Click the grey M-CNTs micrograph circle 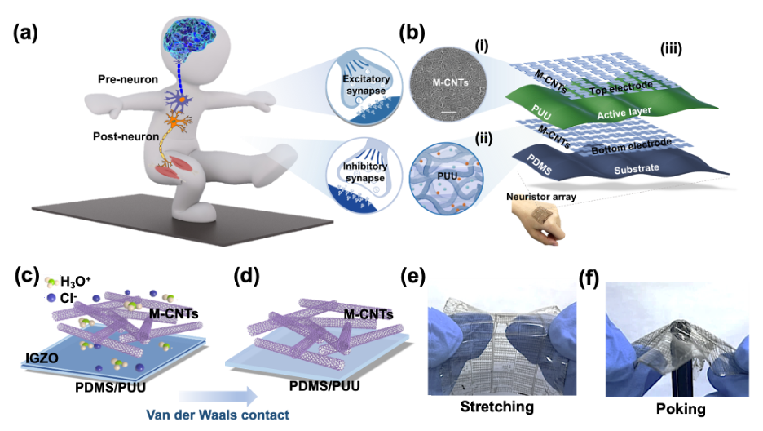[x=447, y=83]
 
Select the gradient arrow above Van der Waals [x=218, y=396]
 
